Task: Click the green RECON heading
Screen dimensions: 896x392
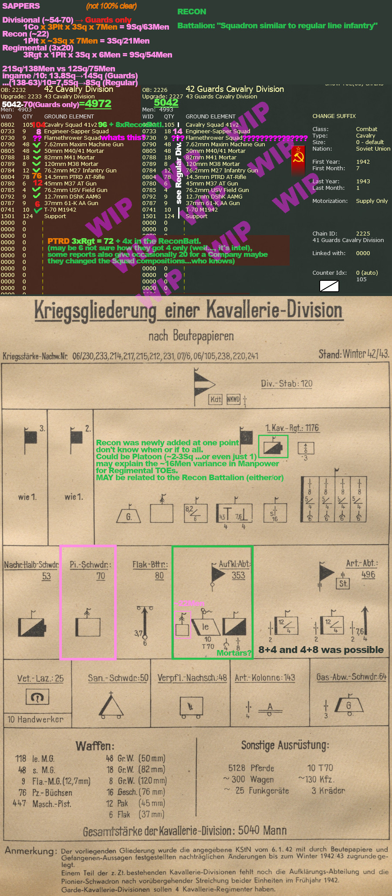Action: pos(192,12)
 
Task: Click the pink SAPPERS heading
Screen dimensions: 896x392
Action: pos(21,6)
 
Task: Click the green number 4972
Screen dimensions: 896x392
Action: pos(98,104)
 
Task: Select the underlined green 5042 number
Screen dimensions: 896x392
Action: pos(166,103)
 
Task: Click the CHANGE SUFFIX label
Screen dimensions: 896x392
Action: pos(334,116)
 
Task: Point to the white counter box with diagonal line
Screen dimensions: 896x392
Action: pos(329,286)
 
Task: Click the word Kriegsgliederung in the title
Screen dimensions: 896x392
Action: pos(95,311)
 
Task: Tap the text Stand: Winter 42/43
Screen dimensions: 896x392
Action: pos(353,354)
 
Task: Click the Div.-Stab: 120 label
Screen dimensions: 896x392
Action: pos(287,384)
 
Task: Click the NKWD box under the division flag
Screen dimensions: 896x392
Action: pos(233,399)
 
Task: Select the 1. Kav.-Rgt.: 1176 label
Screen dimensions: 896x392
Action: pos(292,428)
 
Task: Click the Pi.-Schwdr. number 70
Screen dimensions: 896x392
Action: pos(101,576)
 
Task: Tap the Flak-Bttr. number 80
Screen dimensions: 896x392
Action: pos(159,576)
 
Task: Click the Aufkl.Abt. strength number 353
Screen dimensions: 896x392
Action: pos(238,575)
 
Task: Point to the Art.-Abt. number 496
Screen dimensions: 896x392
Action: pos(368,575)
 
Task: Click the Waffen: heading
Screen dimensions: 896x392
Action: pos(95,746)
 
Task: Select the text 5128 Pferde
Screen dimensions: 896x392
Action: pos(251,768)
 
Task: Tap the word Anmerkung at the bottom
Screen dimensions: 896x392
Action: pos(30,851)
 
